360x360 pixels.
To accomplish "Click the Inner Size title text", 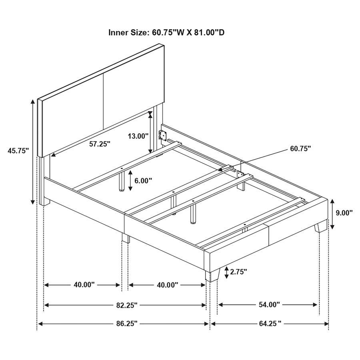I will pyautogui.click(x=166, y=32).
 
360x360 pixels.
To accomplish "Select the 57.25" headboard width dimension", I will pyautogui.click(x=100, y=144).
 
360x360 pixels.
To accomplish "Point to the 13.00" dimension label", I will pyautogui.click(x=138, y=136).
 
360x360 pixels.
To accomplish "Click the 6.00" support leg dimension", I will pyautogui.click(x=143, y=180).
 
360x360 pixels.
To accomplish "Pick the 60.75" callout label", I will pyautogui.click(x=300, y=149).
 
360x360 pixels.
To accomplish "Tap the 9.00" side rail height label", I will pyautogui.click(x=344, y=213).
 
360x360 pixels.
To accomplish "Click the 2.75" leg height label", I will pyautogui.click(x=238, y=272).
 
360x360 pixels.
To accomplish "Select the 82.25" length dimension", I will pyautogui.click(x=124, y=305).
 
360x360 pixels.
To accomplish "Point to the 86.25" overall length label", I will pyautogui.click(x=124, y=323).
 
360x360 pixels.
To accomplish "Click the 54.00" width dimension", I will pyautogui.click(x=268, y=305).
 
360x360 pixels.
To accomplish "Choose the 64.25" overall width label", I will pyautogui.click(x=269, y=323).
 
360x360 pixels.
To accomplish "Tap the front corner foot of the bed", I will pyautogui.click(x=212, y=275).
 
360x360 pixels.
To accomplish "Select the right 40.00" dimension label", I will pyautogui.click(x=167, y=285).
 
